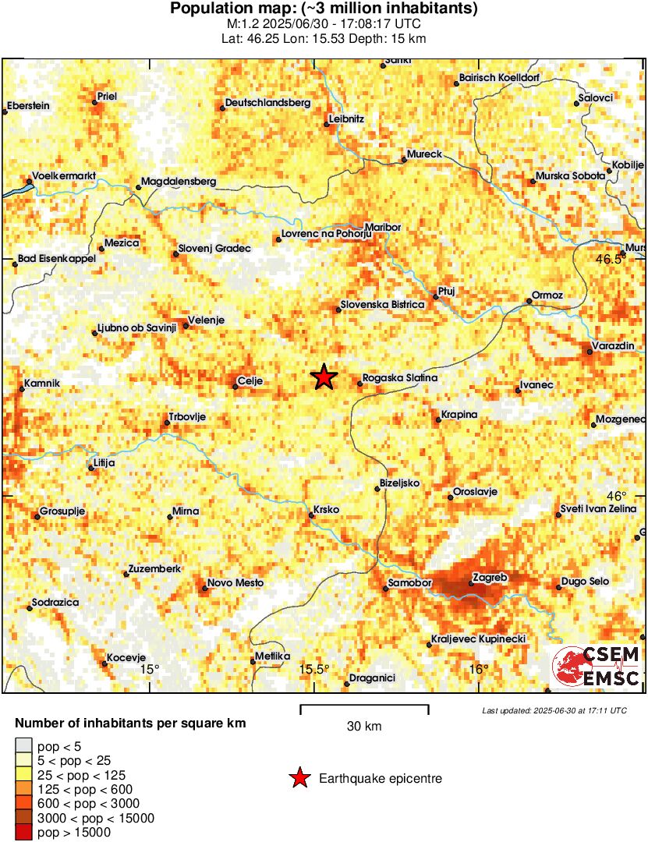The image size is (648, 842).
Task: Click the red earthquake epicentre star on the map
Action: click(324, 377)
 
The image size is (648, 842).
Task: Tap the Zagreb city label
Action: click(490, 578)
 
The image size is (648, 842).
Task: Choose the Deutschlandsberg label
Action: click(267, 103)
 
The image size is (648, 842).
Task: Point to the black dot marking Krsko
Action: click(311, 515)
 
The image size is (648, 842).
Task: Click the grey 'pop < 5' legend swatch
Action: click(24, 746)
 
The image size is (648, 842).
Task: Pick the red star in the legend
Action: click(299, 778)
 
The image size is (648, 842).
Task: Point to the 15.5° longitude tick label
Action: click(314, 670)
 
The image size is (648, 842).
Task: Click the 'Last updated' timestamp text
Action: click(554, 711)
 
